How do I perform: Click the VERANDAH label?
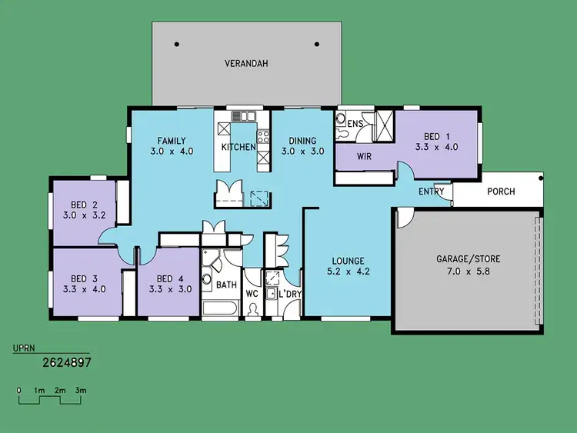point(245,63)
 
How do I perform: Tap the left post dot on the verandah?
point(177,45)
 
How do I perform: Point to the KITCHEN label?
point(238,147)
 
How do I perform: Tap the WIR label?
point(365,157)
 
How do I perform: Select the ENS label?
point(355,124)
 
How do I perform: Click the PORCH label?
point(502,192)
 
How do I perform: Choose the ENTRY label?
point(432,192)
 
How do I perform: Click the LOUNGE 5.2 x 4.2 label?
point(343,266)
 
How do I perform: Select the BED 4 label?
point(168,284)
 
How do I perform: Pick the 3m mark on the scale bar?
point(81,391)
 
